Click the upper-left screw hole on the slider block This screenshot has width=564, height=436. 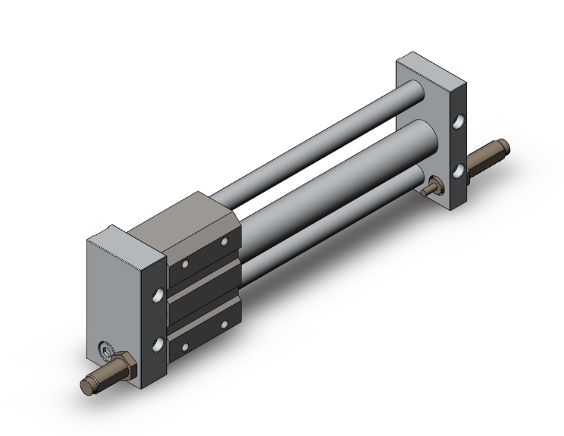185,264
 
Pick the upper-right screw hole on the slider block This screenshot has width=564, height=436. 224,243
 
